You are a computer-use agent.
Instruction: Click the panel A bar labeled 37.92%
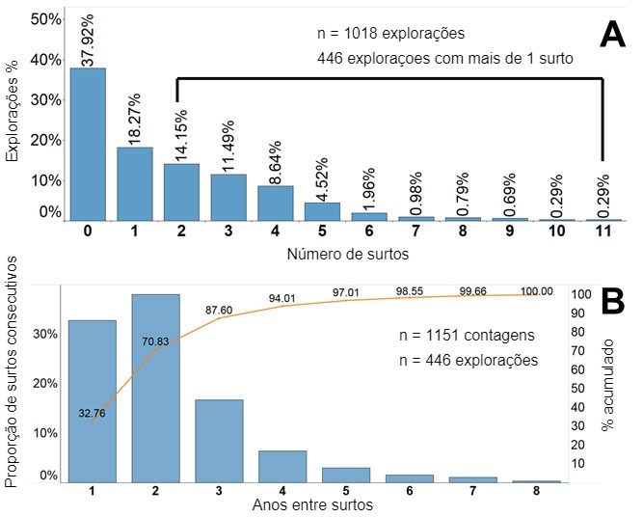88,144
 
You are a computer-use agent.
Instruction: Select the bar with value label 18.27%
135,183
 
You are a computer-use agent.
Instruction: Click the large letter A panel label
615,36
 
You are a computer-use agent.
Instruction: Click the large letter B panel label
615,302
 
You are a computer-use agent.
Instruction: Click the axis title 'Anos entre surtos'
312,504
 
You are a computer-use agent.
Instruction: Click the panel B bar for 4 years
282,466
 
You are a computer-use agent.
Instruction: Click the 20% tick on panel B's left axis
46,383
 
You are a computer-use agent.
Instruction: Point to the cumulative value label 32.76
94,413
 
